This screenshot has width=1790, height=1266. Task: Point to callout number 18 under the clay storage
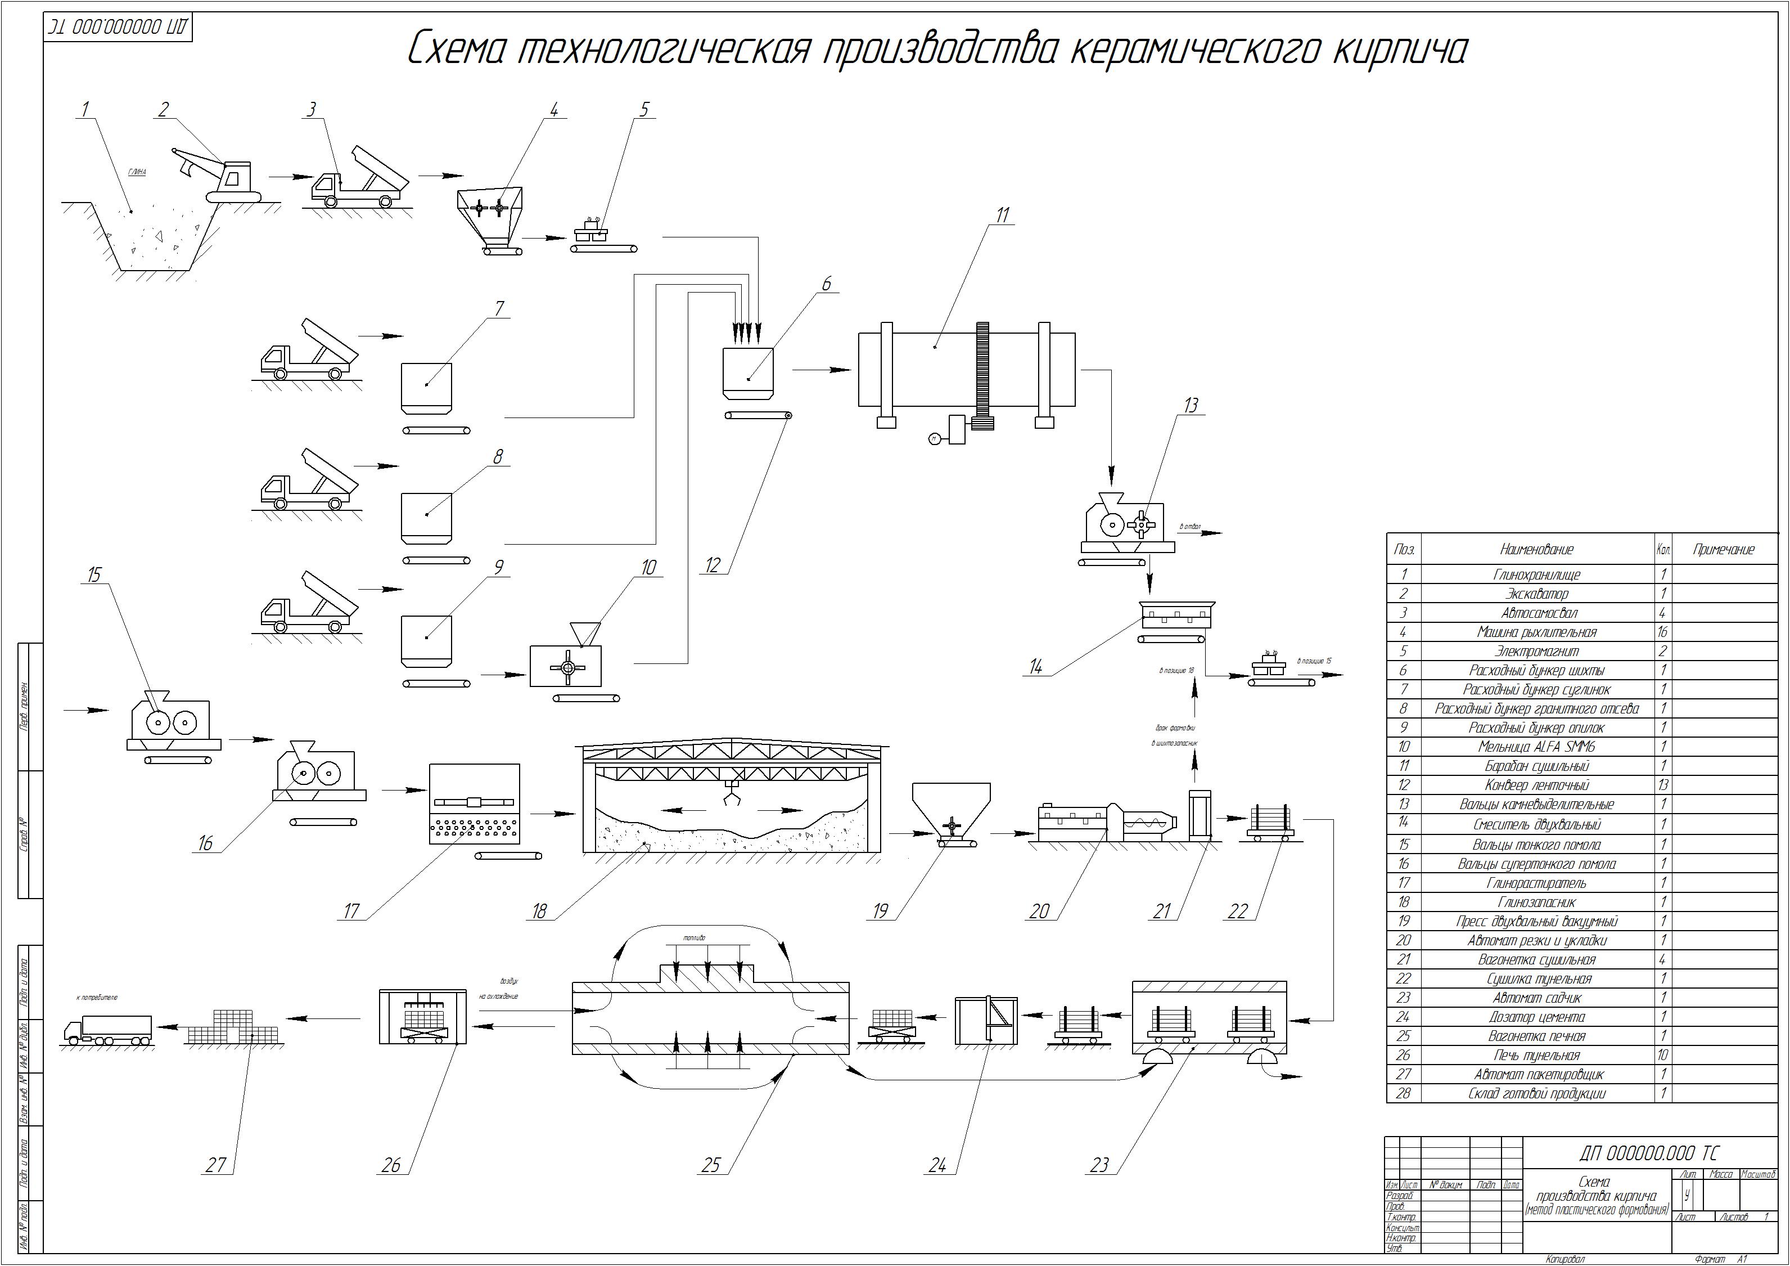[539, 910]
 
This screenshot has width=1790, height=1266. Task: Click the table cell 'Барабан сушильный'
[1536, 766]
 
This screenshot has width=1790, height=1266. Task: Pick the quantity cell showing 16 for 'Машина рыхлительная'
[1662, 632]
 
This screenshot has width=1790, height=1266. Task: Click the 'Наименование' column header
[1536, 549]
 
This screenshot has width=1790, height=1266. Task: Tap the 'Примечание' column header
[1723, 549]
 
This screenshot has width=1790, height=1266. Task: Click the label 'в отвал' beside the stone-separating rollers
[1190, 527]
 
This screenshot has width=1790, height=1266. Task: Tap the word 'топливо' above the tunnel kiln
[693, 937]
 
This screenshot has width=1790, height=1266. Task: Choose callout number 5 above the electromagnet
[644, 109]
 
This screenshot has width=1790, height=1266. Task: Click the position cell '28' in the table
[1403, 1093]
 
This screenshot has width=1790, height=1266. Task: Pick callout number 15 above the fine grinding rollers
[94, 575]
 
